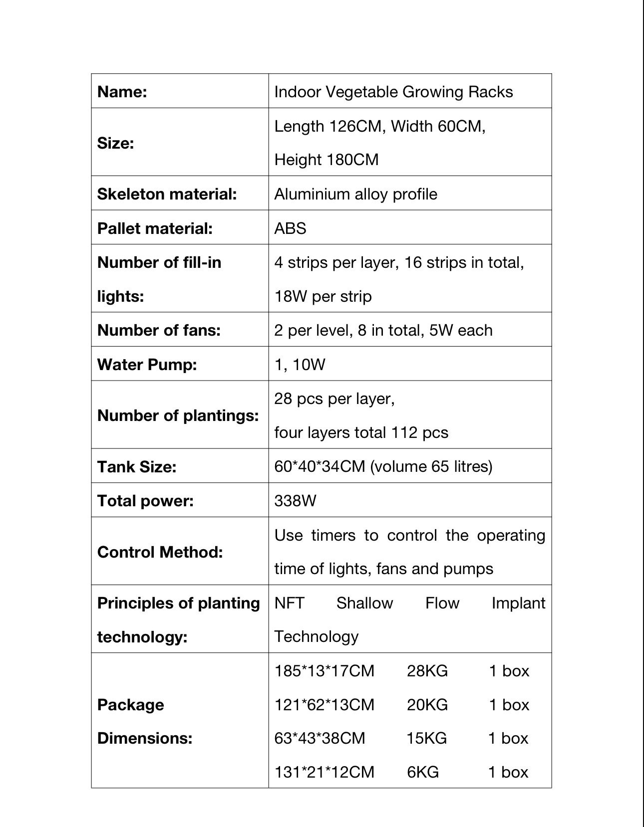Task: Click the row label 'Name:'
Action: pos(122,92)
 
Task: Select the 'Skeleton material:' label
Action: pos(167,194)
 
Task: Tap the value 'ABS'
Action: pos(290,228)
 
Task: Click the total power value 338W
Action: pos(295,500)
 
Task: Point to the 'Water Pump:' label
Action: pos(147,365)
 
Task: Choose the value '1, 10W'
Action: pos(300,365)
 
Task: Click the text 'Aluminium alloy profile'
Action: pos(355,194)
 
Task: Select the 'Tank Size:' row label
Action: pos(137,467)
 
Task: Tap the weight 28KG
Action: pos(427,671)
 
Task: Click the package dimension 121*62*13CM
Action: pos(324,705)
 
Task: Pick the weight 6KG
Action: pos(423,772)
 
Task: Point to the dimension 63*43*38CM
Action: pos(320,738)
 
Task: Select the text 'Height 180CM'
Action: pos(326,160)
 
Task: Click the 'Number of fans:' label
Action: pos(159,330)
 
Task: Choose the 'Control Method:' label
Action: pos(160,552)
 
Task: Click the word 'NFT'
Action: pos(289,603)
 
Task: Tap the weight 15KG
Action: pos(426,738)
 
